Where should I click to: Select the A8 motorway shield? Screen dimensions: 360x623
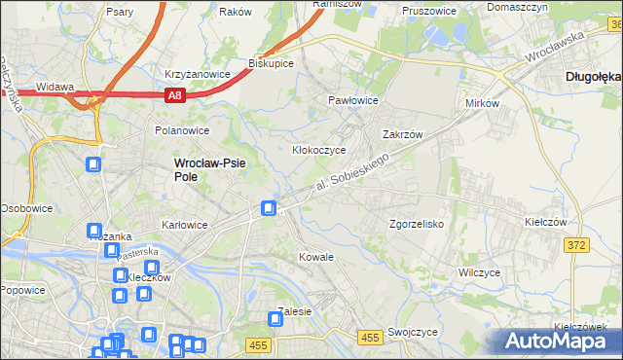[x=173, y=95]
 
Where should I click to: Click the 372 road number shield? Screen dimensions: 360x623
[x=575, y=245]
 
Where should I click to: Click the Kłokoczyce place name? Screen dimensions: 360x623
[x=319, y=151]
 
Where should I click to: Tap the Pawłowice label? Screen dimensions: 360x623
[x=352, y=100]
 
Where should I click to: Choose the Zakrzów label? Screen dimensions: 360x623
[x=401, y=135]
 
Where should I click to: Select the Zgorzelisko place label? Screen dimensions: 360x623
[x=417, y=224]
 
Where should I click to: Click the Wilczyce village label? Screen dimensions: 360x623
[x=479, y=272]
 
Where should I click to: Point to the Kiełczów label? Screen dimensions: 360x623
[x=545, y=222]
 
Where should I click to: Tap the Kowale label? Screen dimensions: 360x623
[x=317, y=257]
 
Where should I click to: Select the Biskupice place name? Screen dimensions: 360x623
[x=272, y=63]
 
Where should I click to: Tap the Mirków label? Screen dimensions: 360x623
[x=482, y=102]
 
